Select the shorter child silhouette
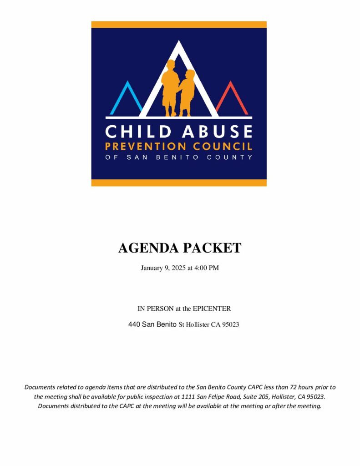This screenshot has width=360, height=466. click(x=186, y=92)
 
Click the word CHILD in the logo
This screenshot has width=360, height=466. click(x=132, y=132)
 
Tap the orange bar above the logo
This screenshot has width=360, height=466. click(x=179, y=25)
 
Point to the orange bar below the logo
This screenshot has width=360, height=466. click(x=179, y=182)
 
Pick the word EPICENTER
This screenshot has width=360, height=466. click(x=212, y=309)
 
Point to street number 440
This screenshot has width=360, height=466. click(x=134, y=325)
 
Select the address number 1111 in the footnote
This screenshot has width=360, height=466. click(x=188, y=397)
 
